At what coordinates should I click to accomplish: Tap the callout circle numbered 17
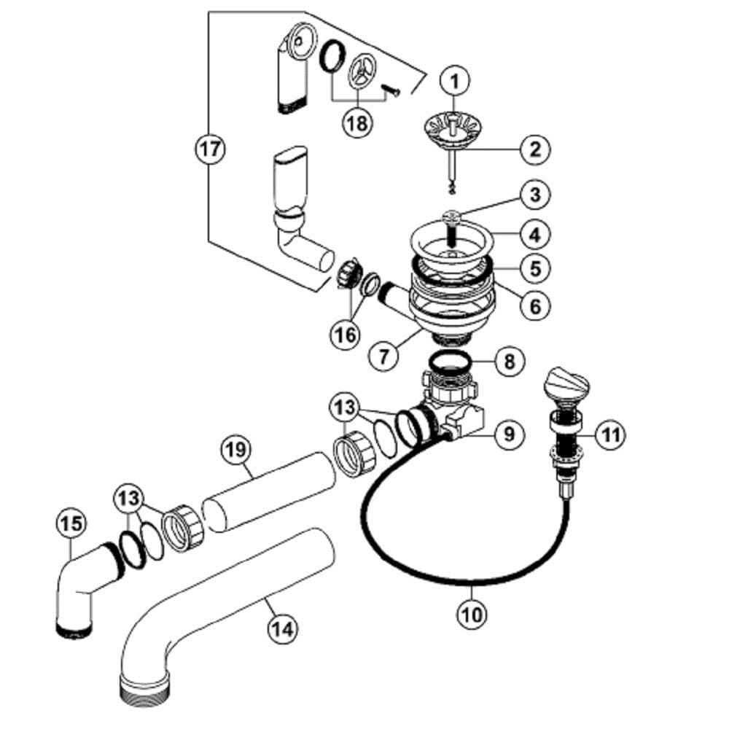(x=210, y=149)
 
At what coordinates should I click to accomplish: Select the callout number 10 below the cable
(x=472, y=613)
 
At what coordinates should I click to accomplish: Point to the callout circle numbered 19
(x=235, y=449)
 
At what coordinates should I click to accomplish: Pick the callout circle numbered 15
(x=71, y=523)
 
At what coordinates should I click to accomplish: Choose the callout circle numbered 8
(x=509, y=360)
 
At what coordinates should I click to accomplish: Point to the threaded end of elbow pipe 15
(x=74, y=628)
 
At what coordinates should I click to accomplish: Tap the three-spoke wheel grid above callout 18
(x=362, y=74)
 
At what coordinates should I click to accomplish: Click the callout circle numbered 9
(x=509, y=435)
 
